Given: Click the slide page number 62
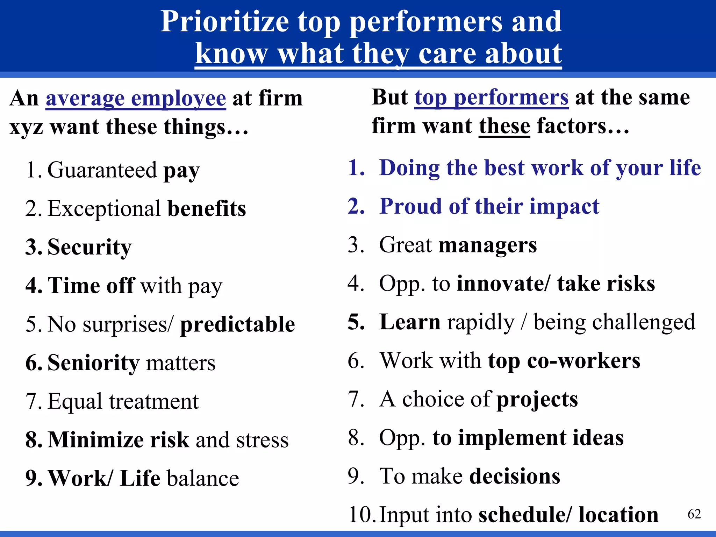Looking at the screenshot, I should click(694, 514).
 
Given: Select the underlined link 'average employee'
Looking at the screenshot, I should click(136, 98).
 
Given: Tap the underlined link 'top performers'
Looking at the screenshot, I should click(491, 98).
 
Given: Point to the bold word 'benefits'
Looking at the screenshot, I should click(207, 209).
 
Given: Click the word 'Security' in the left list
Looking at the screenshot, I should click(89, 247).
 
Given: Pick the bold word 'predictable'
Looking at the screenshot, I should click(237, 324).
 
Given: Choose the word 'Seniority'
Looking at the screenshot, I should click(93, 363).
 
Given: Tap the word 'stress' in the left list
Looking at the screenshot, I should click(262, 440).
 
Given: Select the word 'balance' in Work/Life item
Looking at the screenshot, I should click(203, 478).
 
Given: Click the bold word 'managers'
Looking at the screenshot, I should click(487, 245).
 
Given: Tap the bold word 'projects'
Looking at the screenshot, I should click(537, 399).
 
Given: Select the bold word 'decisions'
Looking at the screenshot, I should click(515, 476).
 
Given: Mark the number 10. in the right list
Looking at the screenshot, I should click(362, 515).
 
